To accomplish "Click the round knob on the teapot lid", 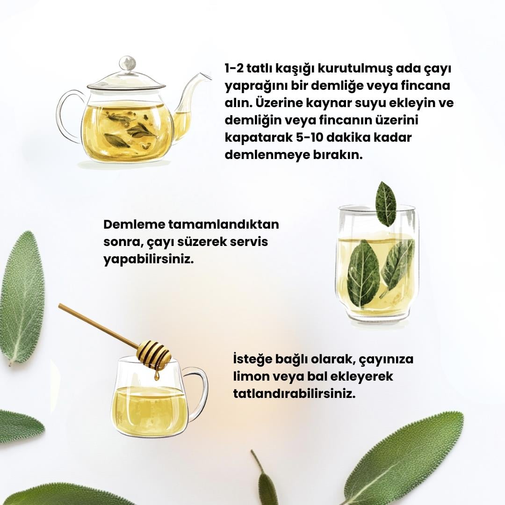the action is (x=128, y=64).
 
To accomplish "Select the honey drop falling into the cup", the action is (x=157, y=375).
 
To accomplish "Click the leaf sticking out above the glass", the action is (x=386, y=204).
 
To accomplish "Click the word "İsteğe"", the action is (x=252, y=359).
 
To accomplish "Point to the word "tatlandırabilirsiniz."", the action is (x=295, y=394).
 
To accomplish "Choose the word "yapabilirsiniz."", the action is (x=149, y=260).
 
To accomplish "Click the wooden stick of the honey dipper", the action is (x=98, y=326).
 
